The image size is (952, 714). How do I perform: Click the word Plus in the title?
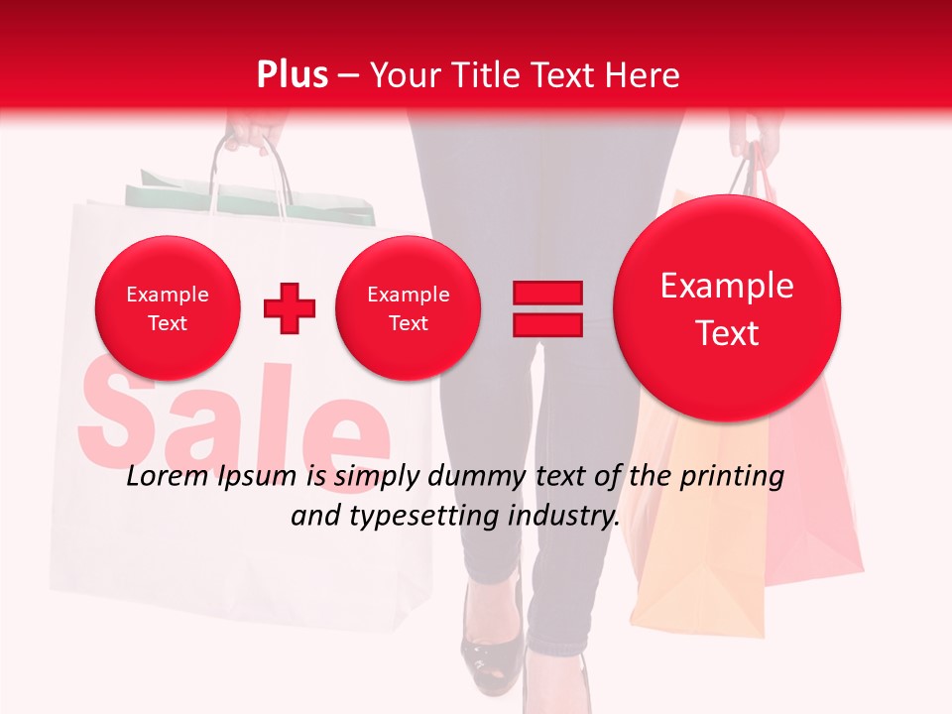[x=292, y=75]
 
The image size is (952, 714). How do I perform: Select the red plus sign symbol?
[x=290, y=308]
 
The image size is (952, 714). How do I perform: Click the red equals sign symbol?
[x=547, y=308]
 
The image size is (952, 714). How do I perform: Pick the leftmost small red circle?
[x=168, y=308]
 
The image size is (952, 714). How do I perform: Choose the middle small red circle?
[x=409, y=308]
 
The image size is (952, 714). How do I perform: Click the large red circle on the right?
[x=727, y=308]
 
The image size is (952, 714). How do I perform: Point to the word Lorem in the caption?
[x=166, y=477]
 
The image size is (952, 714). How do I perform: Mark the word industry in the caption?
[x=564, y=516]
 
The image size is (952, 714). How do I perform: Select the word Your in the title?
[x=404, y=75]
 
